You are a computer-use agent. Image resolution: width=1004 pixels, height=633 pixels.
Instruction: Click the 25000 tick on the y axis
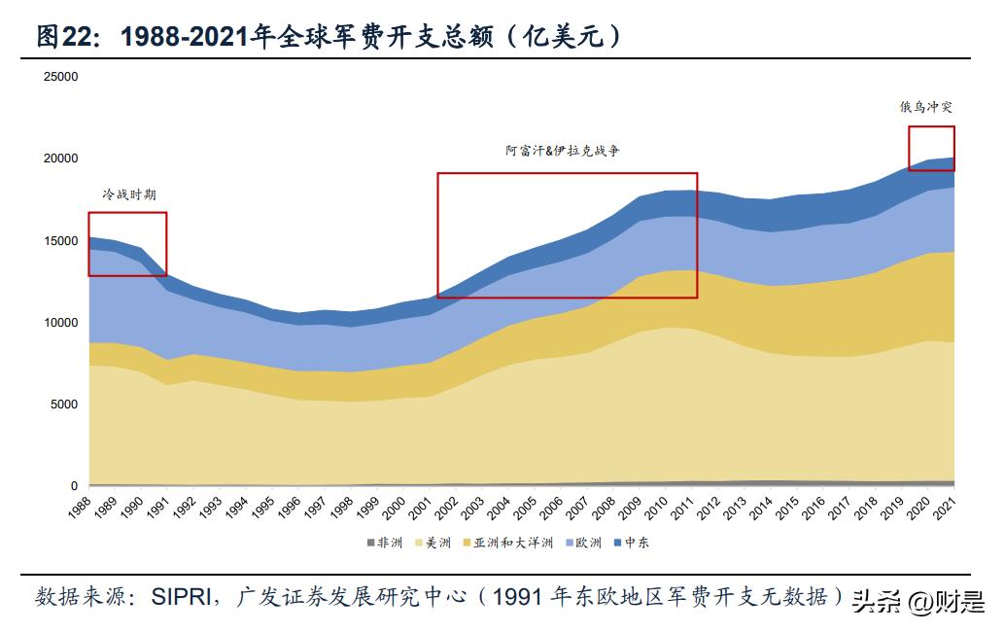coord(61,76)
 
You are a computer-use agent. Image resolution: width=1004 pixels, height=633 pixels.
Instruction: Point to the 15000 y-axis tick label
coord(61,240)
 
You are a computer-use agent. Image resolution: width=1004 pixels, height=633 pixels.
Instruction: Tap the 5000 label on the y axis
coord(64,404)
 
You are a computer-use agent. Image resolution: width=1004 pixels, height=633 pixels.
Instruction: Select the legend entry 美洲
coord(441,543)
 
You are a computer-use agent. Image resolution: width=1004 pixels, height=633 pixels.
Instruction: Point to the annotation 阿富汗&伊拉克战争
coord(562,151)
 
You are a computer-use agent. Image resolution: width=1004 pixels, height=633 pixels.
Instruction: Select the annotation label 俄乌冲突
coord(925,108)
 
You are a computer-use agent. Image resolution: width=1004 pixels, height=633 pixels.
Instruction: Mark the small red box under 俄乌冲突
coord(931,148)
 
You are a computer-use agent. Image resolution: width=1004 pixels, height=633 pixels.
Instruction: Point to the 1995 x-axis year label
coord(262,507)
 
